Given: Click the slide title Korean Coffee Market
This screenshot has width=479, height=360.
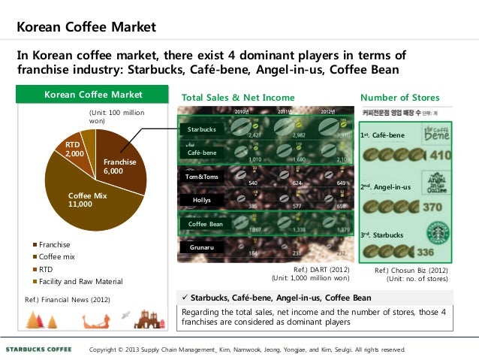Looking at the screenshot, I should coord(86,28).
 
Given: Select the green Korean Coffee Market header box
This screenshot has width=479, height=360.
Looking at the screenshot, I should coord(94,95).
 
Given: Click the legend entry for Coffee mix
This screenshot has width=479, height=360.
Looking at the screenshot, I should coord(59,256).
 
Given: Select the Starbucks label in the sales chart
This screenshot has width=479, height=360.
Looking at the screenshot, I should coord(201,130).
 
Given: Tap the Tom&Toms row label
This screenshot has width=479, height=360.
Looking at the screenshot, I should coord(202,177).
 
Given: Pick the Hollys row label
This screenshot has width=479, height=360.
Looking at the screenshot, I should coord(202,200).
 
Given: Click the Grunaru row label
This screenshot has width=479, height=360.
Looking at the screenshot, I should coord(202,247).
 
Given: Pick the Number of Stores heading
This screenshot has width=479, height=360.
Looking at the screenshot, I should coord(400,98).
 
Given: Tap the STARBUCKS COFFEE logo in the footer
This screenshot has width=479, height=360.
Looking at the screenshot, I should coord(39,349).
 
